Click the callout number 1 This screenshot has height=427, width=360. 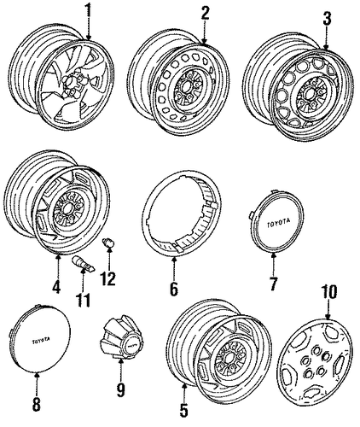click(x=89, y=11)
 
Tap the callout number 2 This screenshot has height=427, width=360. click(x=205, y=13)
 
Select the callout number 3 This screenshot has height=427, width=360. click(x=327, y=19)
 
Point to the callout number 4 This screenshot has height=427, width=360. click(x=56, y=285)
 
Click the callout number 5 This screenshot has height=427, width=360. click(x=184, y=409)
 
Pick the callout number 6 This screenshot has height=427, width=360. click(x=174, y=288)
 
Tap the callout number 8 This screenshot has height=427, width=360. click(x=37, y=404)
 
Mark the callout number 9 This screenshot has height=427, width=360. click(x=120, y=389)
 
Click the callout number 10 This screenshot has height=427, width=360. click(x=328, y=291)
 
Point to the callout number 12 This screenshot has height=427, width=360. click(x=108, y=278)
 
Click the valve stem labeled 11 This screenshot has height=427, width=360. click(x=84, y=264)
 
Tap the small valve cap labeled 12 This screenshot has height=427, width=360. click(x=107, y=243)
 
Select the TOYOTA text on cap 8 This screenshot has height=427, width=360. click(x=41, y=340)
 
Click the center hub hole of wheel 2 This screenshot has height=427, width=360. click(x=187, y=86)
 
